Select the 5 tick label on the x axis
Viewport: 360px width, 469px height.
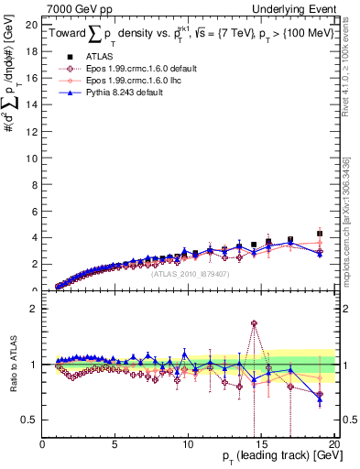115,442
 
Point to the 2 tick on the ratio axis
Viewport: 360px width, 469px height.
34,308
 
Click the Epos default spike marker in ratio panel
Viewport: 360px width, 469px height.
254,323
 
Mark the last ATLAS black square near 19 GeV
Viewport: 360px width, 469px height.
319,234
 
